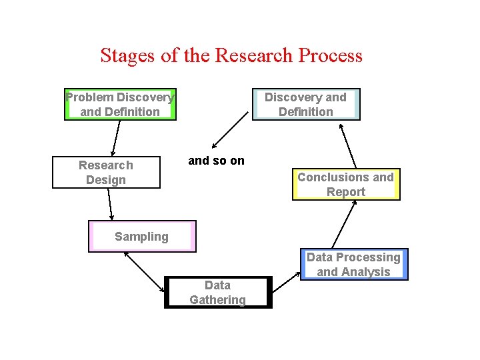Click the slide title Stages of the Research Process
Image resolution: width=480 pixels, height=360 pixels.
(231, 55)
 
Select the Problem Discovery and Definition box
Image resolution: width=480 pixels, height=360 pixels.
(120, 105)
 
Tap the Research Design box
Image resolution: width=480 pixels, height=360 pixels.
(106, 173)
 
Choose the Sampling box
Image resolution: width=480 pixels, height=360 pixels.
(142, 237)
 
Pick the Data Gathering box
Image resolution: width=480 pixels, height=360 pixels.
(218, 293)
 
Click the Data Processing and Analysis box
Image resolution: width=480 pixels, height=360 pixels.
(353, 265)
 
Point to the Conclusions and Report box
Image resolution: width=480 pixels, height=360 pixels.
(345, 185)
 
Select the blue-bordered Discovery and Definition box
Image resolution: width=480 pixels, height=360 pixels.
(306, 105)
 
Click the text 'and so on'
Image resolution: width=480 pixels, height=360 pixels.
(217, 161)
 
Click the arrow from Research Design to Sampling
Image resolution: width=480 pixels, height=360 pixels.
(110, 204)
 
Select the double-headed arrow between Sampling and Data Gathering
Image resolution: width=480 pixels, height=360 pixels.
(144, 271)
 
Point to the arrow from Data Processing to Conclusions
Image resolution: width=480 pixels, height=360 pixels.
(345, 225)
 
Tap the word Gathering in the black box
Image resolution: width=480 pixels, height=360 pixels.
(218, 300)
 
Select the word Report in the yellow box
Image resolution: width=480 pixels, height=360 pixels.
(345, 192)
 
